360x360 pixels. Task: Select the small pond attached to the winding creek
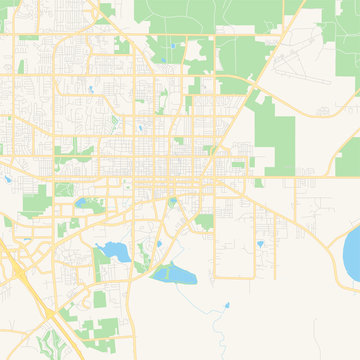click(x=227, y=305)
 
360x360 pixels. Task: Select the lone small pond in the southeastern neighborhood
click(x=259, y=243)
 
